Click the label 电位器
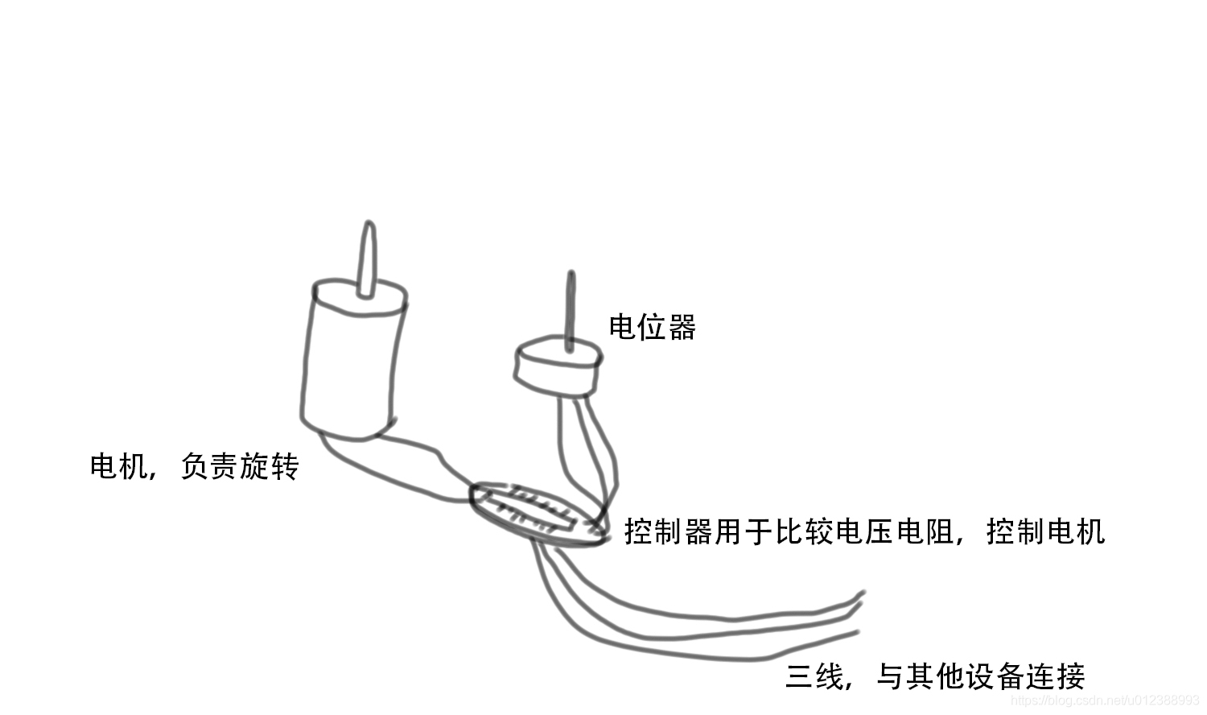tap(652, 328)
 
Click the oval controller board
tap(535, 514)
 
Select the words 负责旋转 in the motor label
tap(240, 466)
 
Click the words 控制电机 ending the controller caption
tap(1045, 532)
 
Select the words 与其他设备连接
tap(980, 676)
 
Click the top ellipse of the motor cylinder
tap(359, 296)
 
